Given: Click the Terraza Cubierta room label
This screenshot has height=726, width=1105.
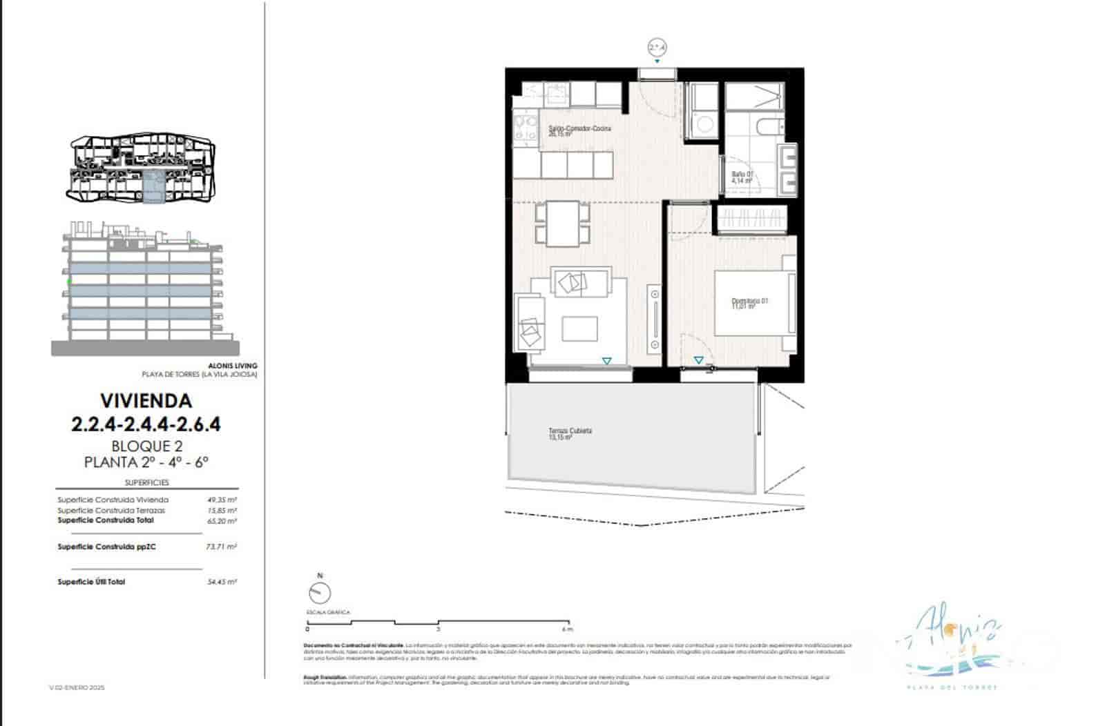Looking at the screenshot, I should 570,433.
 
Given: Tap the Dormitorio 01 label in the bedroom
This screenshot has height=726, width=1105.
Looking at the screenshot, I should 749,303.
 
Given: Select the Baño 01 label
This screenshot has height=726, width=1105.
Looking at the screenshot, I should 742,177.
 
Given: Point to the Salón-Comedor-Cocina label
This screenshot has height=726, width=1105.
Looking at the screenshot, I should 579,130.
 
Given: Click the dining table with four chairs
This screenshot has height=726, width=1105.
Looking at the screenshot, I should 564,223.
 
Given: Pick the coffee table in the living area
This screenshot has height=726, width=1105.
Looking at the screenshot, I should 579,328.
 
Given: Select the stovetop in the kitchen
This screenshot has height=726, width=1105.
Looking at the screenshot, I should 526,130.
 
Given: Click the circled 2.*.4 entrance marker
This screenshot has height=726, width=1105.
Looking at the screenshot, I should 657,48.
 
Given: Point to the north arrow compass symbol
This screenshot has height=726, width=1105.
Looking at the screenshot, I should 320,593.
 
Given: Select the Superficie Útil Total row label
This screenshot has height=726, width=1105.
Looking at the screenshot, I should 91,582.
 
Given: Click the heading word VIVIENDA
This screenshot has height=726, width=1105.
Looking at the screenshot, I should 146,401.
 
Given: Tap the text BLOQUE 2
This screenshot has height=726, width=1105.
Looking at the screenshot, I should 146,446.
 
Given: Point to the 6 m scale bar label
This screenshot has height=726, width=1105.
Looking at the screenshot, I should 567,629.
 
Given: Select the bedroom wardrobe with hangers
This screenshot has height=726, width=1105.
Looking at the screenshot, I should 752,219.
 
